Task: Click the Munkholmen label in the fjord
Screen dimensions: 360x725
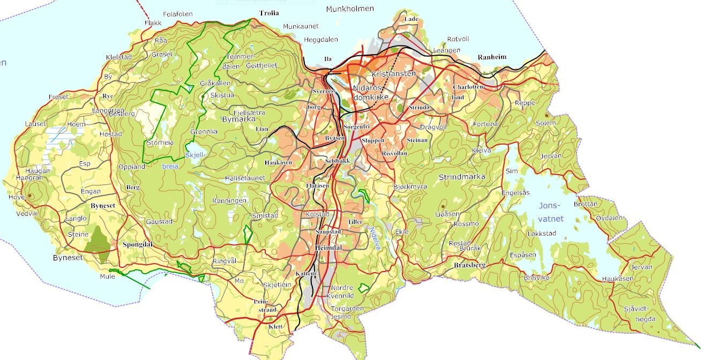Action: click(350, 9)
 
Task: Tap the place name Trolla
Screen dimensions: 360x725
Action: click(270, 12)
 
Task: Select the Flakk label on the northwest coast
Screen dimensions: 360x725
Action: click(153, 23)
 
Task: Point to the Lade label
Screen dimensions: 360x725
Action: click(412, 19)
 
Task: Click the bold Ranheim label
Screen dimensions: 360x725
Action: click(491, 57)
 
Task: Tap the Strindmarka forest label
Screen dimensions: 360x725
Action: click(461, 177)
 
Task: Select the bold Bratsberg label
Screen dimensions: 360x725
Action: click(469, 265)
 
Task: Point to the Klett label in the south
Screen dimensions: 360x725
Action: click(275, 326)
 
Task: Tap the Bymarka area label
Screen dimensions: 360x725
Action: click(238, 119)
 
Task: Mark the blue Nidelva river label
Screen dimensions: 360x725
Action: click(374, 238)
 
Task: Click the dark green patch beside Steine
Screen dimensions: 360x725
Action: click(98, 241)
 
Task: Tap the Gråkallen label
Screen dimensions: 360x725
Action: click(215, 84)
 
